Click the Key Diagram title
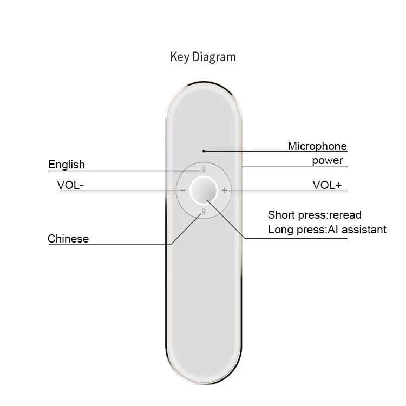pos(203,56)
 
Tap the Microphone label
pos(317,146)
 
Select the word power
pos(328,161)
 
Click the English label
pos(67,165)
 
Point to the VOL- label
pos(70,185)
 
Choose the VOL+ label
pos(328,185)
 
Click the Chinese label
pos(68,239)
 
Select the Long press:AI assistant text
pos(327,230)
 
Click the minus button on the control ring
pos(182,191)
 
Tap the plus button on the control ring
pos(225,191)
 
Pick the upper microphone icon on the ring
pos(204,169)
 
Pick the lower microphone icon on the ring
pos(204,212)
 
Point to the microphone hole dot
pos(204,151)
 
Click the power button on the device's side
pos(242,161)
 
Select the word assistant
pos(364,230)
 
